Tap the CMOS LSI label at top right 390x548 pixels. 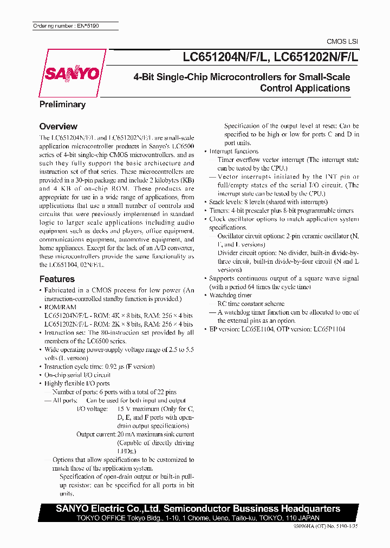(342, 42)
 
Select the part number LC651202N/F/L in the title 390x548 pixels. (317, 56)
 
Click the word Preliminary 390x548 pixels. (62, 105)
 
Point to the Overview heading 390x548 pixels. (58, 126)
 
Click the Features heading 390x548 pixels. (57, 279)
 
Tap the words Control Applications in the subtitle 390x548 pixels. (305, 88)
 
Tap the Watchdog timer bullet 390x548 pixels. (230, 295)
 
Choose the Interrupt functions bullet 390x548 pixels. (233, 152)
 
